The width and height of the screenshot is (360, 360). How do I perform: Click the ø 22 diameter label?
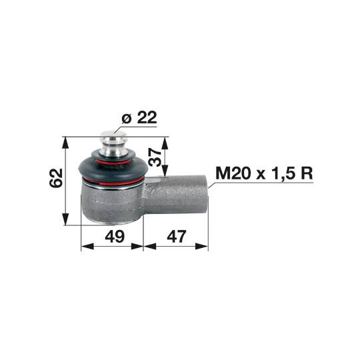coord(139,117)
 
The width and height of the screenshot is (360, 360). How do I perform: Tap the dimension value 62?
coord(56,178)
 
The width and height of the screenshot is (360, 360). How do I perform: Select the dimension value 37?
coord(155,157)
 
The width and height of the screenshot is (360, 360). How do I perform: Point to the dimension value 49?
coord(115,236)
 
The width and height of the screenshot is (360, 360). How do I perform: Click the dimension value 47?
coord(177,236)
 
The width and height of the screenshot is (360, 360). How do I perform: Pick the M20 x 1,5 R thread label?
coord(264,173)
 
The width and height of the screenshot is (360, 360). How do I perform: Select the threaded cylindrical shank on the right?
coord(175,195)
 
